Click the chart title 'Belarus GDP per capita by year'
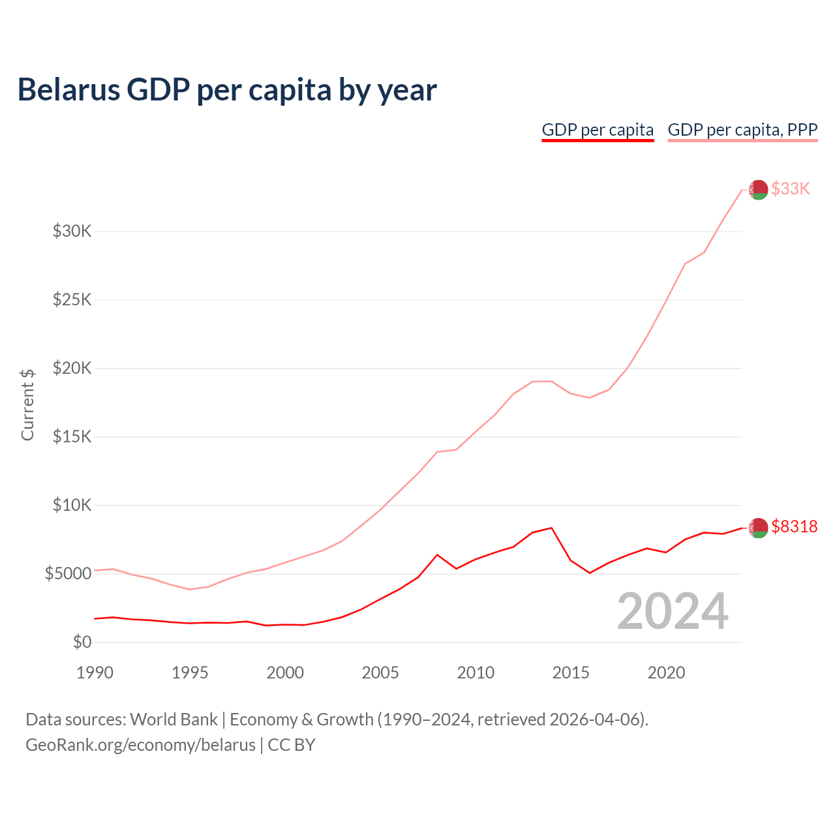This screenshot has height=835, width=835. [227, 89]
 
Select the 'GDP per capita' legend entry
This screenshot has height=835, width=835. [598, 130]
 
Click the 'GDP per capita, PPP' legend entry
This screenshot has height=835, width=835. [742, 130]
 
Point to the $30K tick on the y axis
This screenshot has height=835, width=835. [72, 231]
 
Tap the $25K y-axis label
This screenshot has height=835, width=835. [72, 299]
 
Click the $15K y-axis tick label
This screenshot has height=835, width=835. [72, 436]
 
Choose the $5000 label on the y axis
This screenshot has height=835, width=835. [68, 573]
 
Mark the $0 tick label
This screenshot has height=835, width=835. [82, 642]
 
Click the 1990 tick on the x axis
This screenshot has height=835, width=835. [95, 673]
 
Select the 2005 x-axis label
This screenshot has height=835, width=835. [380, 673]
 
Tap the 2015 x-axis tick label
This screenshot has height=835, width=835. [571, 673]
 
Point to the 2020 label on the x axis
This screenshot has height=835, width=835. [666, 673]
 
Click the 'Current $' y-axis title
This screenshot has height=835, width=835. [27, 404]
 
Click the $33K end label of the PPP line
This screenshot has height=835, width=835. [791, 189]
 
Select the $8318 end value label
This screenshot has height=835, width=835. [794, 526]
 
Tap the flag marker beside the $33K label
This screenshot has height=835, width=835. [758, 190]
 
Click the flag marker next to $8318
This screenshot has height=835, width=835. [758, 528]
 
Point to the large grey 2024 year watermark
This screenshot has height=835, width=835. [673, 611]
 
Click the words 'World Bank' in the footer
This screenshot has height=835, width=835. [174, 720]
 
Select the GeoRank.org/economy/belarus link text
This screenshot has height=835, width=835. [140, 745]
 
